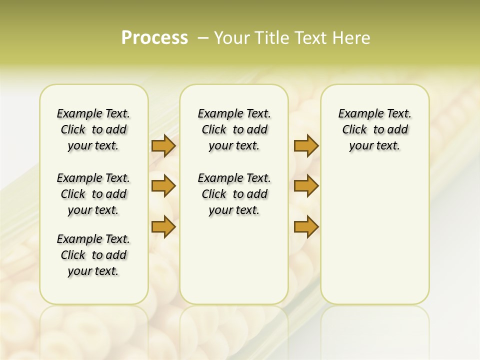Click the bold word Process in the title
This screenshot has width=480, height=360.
click(154, 38)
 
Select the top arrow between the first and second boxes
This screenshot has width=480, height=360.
click(163, 146)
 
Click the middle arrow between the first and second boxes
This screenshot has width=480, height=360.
click(163, 186)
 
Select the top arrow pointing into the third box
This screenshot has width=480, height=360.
click(306, 146)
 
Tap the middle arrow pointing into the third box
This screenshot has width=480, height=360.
click(306, 186)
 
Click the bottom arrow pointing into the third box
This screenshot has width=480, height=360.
click(306, 227)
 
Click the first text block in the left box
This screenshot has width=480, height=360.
click(93, 129)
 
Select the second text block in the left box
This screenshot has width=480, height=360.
click(93, 194)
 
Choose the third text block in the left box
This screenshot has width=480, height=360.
click(93, 255)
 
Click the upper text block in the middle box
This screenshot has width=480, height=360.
click(234, 129)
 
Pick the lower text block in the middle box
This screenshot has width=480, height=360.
click(234, 194)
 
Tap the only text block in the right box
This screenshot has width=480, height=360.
click(374, 129)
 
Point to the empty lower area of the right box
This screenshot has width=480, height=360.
click(374, 240)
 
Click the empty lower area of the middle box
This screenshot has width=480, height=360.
click(234, 260)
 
